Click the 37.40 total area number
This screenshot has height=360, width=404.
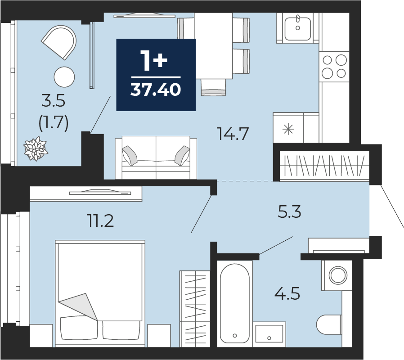tap(156, 90)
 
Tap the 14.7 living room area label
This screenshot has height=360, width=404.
tap(233, 134)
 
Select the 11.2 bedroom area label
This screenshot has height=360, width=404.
tap(101, 221)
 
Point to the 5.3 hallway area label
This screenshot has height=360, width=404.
tap(289, 212)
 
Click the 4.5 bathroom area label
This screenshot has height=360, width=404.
tap(287, 294)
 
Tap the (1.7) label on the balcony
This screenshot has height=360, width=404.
tap(54, 123)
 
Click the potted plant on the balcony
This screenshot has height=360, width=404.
tap(36, 148)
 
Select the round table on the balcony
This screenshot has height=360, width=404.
tap(64, 77)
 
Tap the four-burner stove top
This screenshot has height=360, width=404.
tap(334, 67)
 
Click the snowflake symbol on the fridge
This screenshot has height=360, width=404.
tap(288, 129)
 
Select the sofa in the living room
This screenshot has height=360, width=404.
tap(156, 157)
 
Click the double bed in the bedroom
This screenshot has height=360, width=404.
tap(100, 293)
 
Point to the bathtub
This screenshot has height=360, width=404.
tap(235, 304)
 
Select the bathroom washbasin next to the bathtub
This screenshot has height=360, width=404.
tap(269, 334)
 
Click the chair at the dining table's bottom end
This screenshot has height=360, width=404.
tap(213, 87)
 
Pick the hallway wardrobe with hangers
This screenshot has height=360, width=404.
tap(324, 166)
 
